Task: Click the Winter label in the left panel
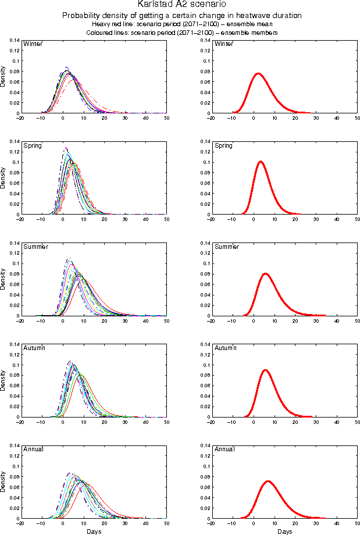point(32,44)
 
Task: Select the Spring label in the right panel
point(223,145)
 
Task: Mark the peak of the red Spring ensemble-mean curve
point(260,162)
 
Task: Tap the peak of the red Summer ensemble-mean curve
point(265,273)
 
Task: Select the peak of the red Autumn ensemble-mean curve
point(265,370)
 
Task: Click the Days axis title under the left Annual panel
point(93,532)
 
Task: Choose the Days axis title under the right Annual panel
point(284,532)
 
